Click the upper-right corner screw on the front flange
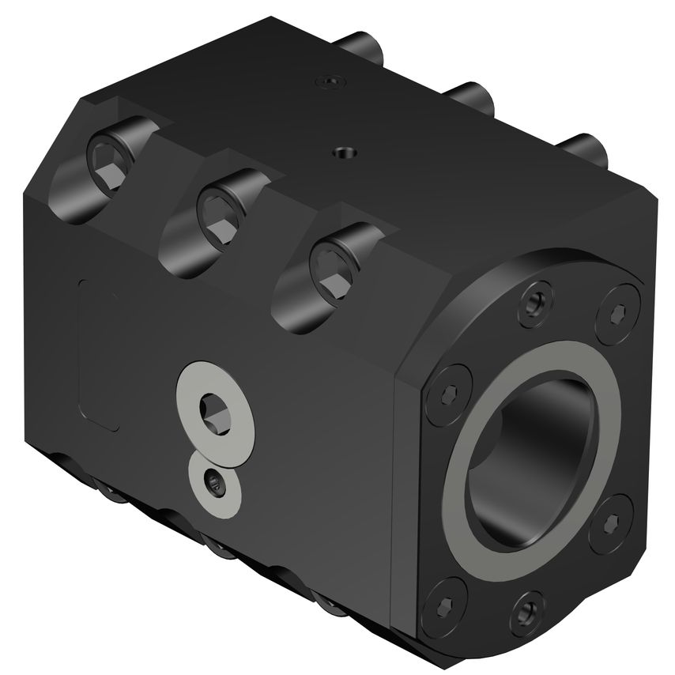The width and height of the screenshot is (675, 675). (617, 313)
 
